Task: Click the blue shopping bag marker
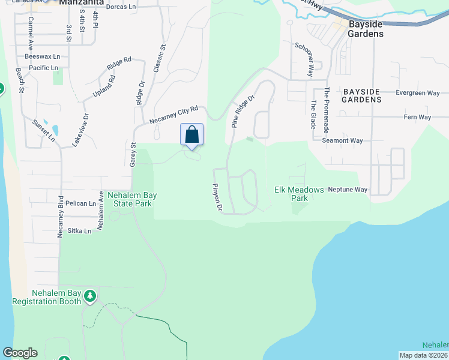192,134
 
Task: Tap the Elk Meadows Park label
291,194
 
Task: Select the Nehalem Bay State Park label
129,199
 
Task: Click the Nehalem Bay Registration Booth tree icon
90,295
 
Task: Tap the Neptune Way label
347,190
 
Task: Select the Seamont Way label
342,140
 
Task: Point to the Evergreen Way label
418,93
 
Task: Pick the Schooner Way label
304,59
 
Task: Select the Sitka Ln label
79,230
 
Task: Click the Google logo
20,353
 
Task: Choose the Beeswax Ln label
43,56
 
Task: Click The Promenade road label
327,110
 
